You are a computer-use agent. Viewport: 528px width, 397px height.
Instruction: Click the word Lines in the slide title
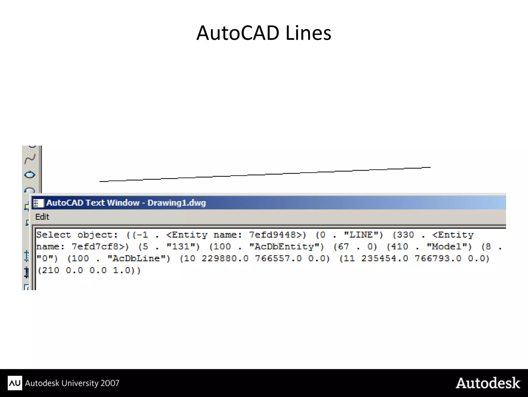(308, 33)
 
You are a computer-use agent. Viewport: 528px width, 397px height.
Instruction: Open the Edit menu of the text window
(42, 217)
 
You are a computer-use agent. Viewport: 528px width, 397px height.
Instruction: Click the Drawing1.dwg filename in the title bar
(177, 203)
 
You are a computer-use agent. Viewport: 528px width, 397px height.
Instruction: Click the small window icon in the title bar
(39, 203)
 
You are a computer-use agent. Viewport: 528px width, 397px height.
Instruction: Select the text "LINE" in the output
(364, 235)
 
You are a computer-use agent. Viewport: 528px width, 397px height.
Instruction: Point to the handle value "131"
(183, 247)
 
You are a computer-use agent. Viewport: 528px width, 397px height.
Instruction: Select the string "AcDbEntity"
(286, 247)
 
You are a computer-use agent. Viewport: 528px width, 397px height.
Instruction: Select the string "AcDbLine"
(139, 259)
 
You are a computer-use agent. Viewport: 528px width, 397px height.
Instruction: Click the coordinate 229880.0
(225, 259)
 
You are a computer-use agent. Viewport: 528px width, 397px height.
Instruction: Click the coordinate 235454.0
(384, 259)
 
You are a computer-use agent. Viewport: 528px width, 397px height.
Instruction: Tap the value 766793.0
(438, 259)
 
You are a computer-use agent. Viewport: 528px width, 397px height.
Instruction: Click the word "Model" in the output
(449, 247)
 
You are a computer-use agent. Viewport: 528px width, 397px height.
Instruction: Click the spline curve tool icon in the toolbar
(30, 159)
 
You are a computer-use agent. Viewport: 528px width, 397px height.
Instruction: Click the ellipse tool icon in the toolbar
(30, 175)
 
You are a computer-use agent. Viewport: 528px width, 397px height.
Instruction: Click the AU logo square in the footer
(15, 383)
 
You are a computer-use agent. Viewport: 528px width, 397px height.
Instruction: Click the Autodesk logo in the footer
(488, 383)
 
